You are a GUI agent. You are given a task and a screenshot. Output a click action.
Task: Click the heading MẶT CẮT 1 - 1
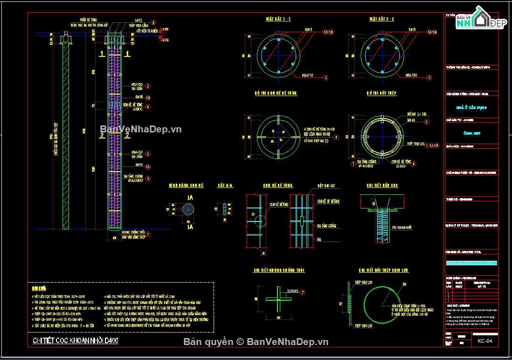278,19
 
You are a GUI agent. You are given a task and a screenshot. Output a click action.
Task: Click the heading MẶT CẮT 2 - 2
381,19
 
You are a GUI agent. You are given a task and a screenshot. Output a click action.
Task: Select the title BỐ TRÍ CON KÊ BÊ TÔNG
276,93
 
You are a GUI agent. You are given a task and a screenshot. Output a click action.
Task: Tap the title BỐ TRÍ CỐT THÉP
381,93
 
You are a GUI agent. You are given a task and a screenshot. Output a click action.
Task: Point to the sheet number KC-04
484,341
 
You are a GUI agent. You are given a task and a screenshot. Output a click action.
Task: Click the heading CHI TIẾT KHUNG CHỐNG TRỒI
279,270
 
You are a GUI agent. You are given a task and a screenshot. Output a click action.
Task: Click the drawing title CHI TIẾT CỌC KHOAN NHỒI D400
76,341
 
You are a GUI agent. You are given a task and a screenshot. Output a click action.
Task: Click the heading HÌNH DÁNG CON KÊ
187,186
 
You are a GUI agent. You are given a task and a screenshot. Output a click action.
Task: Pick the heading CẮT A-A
225,186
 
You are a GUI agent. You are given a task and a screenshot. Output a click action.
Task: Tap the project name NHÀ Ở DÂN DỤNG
471,107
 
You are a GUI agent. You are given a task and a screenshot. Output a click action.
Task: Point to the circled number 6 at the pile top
153,22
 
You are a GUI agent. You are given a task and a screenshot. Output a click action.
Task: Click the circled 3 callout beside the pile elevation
148,178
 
